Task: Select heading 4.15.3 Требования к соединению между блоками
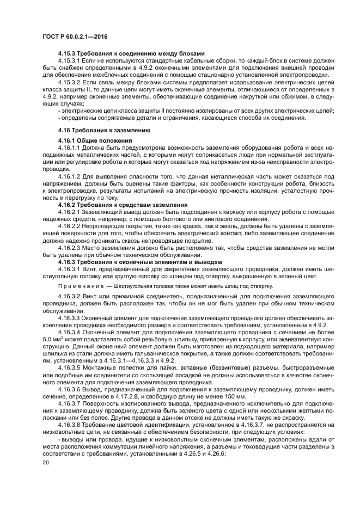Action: click(x=131, y=53)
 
